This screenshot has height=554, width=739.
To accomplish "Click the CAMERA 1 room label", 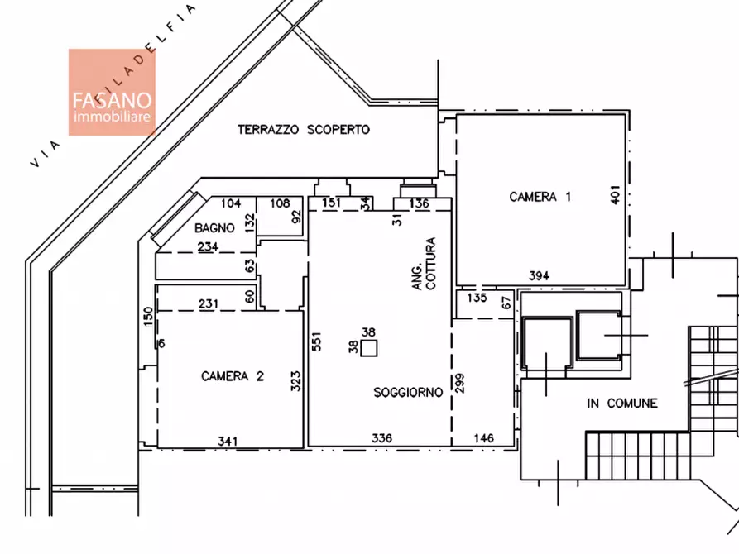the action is click(x=540, y=197).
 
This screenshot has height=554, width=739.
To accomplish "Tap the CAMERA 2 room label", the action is click(x=233, y=376).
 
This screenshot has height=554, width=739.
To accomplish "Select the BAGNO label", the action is click(x=214, y=228).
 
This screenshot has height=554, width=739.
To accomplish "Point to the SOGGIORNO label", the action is click(x=408, y=392).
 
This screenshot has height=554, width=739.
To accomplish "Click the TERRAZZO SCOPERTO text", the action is click(x=304, y=130).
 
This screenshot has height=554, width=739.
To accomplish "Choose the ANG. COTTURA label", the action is click(x=424, y=263).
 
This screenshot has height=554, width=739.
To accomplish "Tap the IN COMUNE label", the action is click(x=622, y=404).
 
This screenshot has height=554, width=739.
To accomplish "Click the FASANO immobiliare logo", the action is click(x=112, y=93).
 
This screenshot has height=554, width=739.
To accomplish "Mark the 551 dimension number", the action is click(x=316, y=341).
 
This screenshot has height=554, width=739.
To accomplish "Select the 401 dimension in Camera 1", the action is click(x=615, y=194).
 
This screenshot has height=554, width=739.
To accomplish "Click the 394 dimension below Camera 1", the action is click(x=539, y=275).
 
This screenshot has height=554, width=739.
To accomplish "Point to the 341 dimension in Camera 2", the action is click(x=228, y=442).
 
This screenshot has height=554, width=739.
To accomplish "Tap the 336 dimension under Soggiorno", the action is click(x=381, y=438).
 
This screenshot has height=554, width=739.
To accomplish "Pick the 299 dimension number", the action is click(x=460, y=383).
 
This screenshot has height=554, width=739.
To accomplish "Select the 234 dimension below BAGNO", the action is click(x=208, y=246).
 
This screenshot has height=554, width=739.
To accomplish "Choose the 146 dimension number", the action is click(x=483, y=438).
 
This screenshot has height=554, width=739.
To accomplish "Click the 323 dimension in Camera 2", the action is click(x=295, y=381).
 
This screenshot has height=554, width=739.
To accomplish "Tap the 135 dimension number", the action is click(x=477, y=298).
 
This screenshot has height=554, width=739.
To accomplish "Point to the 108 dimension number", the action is click(x=280, y=203).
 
